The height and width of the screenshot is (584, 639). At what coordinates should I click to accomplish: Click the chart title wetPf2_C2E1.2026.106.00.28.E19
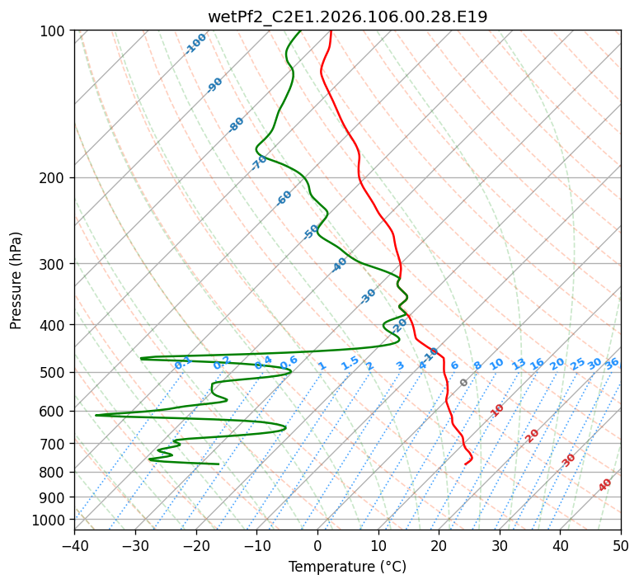[x=347, y=16]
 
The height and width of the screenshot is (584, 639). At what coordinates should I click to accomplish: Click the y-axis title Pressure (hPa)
[x=16, y=280]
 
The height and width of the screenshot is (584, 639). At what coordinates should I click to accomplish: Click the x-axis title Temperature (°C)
[x=347, y=568]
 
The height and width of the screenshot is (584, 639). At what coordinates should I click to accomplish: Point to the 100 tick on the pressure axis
[x=57, y=31]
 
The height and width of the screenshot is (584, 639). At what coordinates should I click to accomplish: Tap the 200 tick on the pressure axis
[x=57, y=177]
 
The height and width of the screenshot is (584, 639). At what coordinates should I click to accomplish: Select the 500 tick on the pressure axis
[x=57, y=372]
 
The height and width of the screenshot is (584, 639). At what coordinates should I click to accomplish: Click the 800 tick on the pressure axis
[x=57, y=472]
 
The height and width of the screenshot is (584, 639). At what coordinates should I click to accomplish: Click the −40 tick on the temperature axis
[x=74, y=545]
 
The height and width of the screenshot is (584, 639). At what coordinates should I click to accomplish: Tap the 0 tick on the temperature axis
[x=317, y=545]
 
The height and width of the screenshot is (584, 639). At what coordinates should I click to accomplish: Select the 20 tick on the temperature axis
[x=439, y=545]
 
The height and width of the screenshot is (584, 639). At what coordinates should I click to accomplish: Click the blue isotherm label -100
[x=196, y=43]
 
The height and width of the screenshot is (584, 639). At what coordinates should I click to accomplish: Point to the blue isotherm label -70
[x=260, y=162]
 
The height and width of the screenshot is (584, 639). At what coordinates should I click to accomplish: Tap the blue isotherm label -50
[x=312, y=232]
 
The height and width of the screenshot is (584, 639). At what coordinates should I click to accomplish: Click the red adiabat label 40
[x=605, y=485]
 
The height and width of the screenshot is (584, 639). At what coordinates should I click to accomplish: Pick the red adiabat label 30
[x=569, y=460]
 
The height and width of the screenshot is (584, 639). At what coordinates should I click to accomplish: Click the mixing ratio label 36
[x=612, y=363]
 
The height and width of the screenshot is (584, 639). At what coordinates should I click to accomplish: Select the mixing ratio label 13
[x=519, y=364]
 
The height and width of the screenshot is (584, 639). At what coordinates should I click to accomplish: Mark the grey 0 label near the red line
[x=464, y=383]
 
